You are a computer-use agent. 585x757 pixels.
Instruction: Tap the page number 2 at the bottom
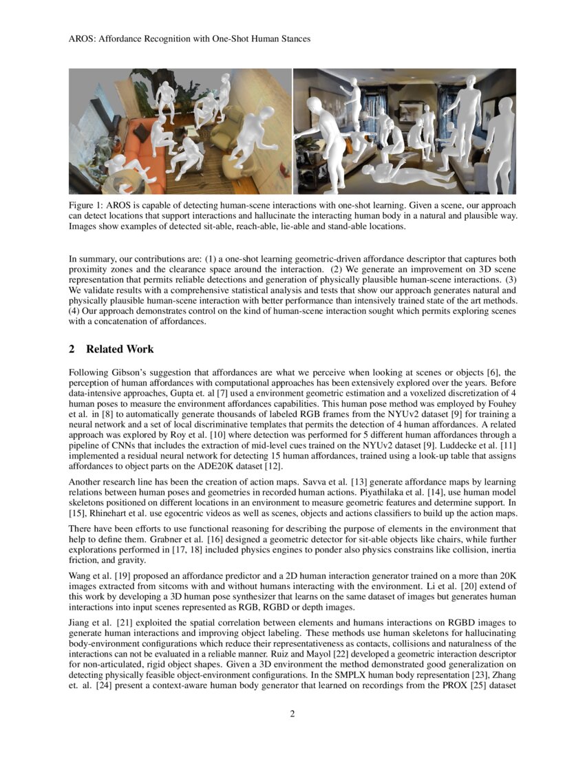[x=292, y=714]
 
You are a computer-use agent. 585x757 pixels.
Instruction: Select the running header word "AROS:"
[x=83, y=39]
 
